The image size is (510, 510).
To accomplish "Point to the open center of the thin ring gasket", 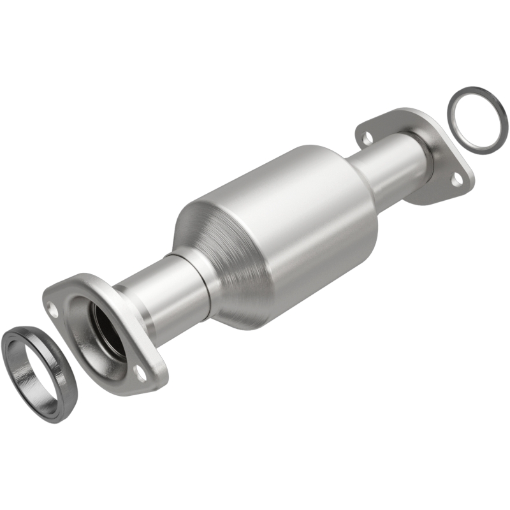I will tap(477, 120).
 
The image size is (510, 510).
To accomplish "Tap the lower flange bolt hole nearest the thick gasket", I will tap(53, 312).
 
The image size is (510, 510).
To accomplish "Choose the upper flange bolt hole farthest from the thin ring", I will tap(367, 135).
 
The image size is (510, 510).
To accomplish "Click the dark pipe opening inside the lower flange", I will tap(107, 325).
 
